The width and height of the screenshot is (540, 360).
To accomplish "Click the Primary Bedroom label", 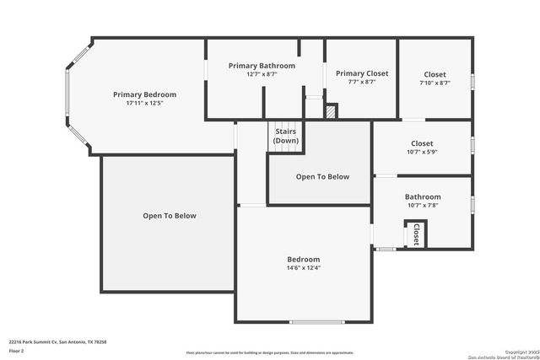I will (144, 94).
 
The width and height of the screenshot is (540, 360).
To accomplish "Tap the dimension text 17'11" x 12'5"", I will (144, 103).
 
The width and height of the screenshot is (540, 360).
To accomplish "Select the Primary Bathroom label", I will (262, 66).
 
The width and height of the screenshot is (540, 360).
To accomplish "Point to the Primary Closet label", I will (362, 73).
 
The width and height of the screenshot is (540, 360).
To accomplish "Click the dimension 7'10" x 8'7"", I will (435, 83).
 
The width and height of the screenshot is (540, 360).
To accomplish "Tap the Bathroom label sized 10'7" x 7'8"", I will (422, 196).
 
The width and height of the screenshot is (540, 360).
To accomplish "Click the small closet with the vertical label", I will (416, 234).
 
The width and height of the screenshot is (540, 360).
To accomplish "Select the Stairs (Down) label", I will (285, 136).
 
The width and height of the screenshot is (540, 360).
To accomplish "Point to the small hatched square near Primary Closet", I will (332, 110).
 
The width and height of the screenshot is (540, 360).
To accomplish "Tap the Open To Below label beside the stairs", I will (322, 176).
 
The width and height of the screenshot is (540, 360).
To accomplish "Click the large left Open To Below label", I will (169, 216).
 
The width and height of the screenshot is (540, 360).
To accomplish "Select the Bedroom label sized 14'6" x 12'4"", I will (304, 259).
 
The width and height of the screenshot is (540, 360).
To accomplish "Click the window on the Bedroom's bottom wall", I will (316, 322).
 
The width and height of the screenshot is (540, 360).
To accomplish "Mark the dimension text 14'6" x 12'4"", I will (304, 268).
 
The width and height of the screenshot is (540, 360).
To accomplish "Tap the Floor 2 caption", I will (17, 350).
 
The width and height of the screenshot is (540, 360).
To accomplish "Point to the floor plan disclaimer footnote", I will (270, 353).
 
